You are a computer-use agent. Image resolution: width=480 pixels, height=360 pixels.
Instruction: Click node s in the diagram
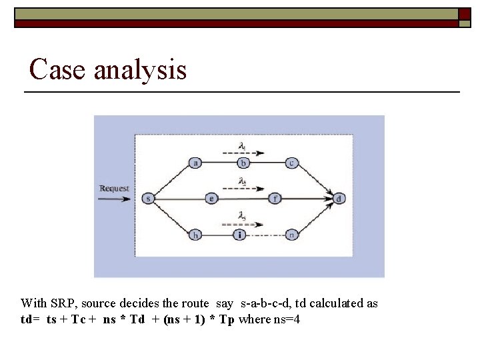[x=147, y=198]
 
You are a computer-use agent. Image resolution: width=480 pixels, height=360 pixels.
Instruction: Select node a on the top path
[x=196, y=163]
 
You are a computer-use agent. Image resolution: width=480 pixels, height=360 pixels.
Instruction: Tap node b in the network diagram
[x=244, y=163]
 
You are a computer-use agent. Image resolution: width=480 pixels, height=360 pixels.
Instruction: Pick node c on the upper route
[x=291, y=163]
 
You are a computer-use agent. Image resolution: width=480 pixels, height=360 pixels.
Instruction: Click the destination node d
[x=340, y=198]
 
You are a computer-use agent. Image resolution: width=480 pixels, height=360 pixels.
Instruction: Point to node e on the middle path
[x=211, y=198]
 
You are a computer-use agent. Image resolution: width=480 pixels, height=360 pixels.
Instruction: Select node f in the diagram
[x=275, y=198]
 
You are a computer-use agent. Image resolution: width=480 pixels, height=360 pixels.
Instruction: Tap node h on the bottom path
[x=196, y=234]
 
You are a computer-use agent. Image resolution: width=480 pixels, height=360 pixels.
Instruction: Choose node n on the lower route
[x=291, y=234]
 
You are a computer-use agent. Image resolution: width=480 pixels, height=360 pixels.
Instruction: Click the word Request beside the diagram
[x=114, y=189]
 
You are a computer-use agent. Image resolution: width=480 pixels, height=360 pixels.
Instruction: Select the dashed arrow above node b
[x=243, y=153]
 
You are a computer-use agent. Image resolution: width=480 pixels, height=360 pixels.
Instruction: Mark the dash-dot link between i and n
[x=265, y=235]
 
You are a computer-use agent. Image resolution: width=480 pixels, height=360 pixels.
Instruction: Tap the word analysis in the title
[x=140, y=69]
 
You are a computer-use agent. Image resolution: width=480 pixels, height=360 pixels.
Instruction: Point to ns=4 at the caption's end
[x=287, y=319]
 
